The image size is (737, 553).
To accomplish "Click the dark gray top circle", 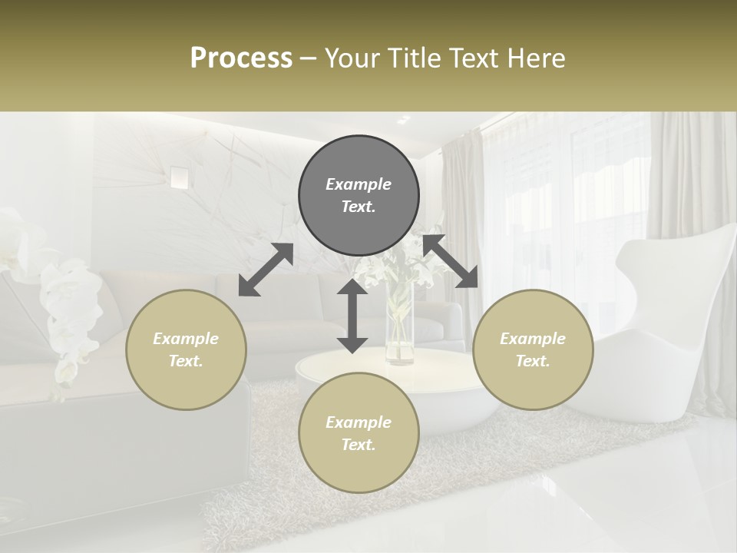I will (359, 196).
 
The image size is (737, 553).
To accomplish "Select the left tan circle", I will (186, 349).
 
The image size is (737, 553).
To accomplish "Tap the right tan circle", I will (533, 349).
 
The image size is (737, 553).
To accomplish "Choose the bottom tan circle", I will (359, 433).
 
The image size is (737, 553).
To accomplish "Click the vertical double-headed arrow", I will (352, 316).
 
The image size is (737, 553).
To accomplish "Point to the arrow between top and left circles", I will (266, 270).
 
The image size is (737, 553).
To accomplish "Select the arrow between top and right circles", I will (451, 261).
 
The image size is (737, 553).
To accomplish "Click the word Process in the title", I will (241, 58).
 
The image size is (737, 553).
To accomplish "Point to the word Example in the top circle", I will (359, 184).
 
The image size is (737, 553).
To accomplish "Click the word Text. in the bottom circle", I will (359, 445).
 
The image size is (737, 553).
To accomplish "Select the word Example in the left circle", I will (186, 339).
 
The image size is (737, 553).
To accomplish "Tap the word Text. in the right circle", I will (533, 361).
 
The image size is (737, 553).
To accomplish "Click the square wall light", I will (179, 177).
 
